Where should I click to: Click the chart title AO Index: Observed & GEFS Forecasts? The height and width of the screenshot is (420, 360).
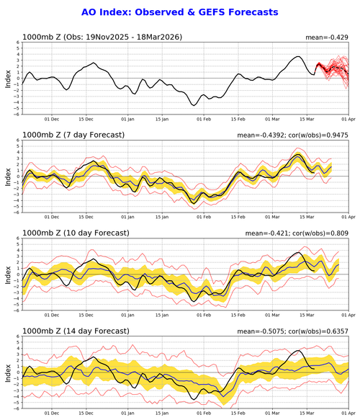(x=179, y=13)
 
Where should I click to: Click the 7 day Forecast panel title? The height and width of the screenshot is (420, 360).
(x=71, y=134)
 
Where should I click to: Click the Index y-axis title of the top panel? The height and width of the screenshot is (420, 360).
(x=8, y=78)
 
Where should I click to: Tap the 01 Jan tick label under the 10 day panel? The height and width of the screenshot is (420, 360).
(x=128, y=316)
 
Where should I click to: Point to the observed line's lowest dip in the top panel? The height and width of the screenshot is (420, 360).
(x=194, y=105)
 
